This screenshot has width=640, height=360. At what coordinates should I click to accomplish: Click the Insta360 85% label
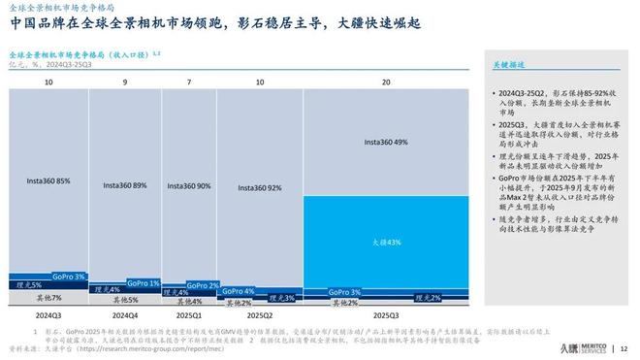coord(48,180)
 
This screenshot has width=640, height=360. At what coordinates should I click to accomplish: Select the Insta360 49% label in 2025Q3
coord(386,143)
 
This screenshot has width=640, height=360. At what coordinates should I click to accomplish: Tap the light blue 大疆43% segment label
coord(386,242)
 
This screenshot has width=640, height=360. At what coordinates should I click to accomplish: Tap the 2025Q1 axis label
coord(184,315)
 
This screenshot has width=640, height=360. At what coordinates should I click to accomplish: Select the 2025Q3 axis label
coord(386,315)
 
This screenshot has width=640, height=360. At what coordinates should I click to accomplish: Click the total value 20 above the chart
coord(386,83)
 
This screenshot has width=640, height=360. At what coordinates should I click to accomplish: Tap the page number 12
coord(624,347)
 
